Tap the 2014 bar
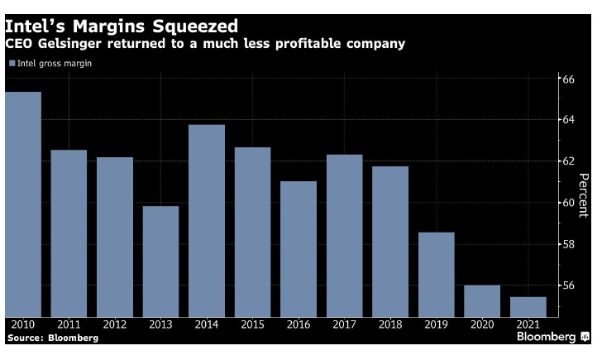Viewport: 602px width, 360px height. pyautogui.click(x=207, y=220)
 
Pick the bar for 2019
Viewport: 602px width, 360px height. pyautogui.click(x=436, y=274)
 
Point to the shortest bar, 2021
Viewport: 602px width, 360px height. pyautogui.click(x=528, y=306)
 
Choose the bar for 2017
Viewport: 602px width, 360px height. pyautogui.click(x=344, y=235)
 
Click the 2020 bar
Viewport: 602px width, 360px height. pyautogui.click(x=481, y=300)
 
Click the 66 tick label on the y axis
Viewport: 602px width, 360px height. pyautogui.click(x=568, y=79)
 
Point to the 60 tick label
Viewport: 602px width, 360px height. pyautogui.click(x=568, y=203)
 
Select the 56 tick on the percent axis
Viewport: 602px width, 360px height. pyautogui.click(x=568, y=286)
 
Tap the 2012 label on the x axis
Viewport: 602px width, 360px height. pyautogui.click(x=115, y=324)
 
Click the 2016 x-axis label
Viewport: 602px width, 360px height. pyautogui.click(x=299, y=324)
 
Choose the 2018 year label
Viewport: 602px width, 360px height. pyautogui.click(x=390, y=324)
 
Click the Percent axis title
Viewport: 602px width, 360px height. pyautogui.click(x=583, y=192)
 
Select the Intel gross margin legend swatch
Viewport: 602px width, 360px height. pyautogui.click(x=11, y=63)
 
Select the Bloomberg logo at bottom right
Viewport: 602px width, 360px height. pyautogui.click(x=552, y=338)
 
